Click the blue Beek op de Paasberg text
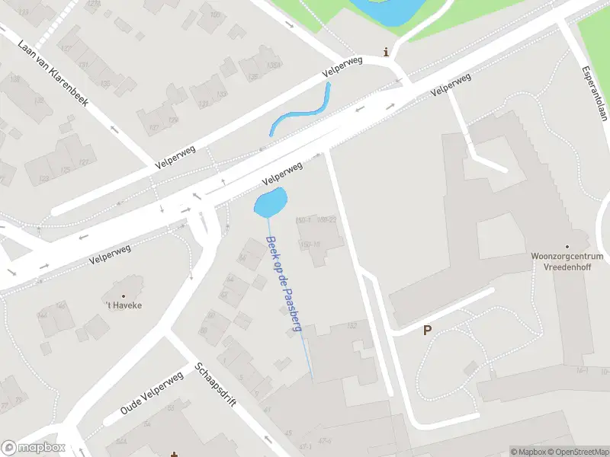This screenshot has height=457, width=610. pyautogui.click(x=284, y=283)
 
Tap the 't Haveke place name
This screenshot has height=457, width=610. pyautogui.click(x=124, y=305)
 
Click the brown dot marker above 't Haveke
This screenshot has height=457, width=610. pyautogui.click(x=124, y=296)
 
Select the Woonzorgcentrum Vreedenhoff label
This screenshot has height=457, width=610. pyautogui.click(x=567, y=263)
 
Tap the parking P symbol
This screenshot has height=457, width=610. pyautogui.click(x=427, y=331)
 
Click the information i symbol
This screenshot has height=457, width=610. pyautogui.click(x=387, y=53)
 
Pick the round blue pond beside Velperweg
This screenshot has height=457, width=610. pyautogui.click(x=271, y=203)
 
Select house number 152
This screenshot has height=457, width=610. pyautogui.click(x=352, y=326)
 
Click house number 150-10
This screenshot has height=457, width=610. pyautogui.click(x=310, y=244)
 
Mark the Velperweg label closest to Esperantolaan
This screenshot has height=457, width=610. pyautogui.click(x=450, y=84)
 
